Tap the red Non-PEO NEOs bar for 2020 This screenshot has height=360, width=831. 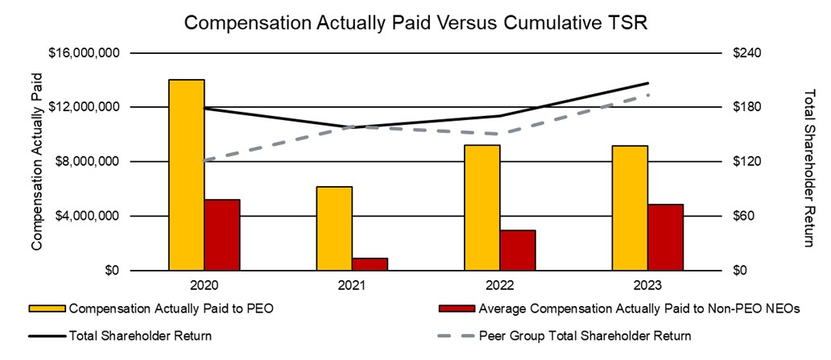click(x=222, y=235)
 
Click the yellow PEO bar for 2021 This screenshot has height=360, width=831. click(x=334, y=229)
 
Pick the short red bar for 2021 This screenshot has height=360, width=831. click(x=370, y=264)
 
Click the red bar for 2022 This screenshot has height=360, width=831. click(x=518, y=250)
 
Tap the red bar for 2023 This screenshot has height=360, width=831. click(x=665, y=238)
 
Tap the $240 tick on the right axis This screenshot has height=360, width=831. click(x=746, y=53)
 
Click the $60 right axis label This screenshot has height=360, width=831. click(x=742, y=217)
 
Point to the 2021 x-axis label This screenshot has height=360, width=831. click(x=352, y=285)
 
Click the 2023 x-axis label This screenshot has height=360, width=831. click(x=647, y=285)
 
